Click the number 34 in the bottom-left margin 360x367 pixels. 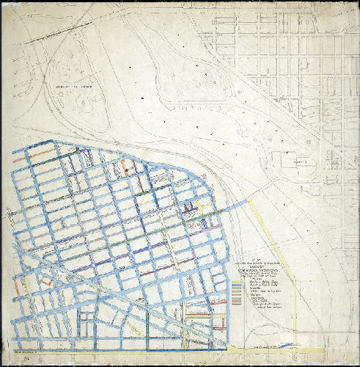point(27,357)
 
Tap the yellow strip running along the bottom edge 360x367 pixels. point(279,349)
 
